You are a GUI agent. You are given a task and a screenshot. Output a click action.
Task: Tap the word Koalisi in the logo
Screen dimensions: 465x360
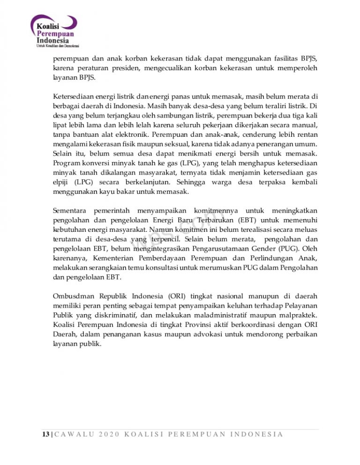point(49,28)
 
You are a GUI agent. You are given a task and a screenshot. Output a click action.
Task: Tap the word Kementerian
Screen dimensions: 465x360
point(116,258)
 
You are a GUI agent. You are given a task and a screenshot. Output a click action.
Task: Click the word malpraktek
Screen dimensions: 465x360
point(296,316)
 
